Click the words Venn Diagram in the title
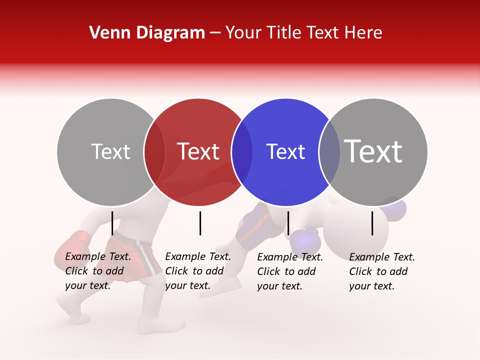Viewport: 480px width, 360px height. click(147, 33)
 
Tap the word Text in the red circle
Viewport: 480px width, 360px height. click(198, 151)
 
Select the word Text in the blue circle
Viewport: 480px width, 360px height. click(285, 151)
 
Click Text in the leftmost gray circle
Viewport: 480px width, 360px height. click(110, 151)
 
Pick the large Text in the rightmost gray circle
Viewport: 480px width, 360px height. click(373, 151)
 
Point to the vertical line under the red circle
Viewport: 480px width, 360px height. click(200, 223)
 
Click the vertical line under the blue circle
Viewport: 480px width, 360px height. click(288, 223)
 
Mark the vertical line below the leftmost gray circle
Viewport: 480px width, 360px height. click(112, 223)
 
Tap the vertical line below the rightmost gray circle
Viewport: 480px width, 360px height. click(372, 223)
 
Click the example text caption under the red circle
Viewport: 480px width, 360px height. click(198, 271)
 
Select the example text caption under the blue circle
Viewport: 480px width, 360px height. click(290, 271)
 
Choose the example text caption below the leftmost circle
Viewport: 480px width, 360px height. click(98, 271)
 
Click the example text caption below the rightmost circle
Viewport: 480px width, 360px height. click(382, 271)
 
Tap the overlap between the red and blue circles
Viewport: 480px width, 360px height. click(242, 152)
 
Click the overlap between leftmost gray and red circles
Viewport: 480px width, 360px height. click(154, 152)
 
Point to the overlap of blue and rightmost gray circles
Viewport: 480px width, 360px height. click(329, 152)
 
